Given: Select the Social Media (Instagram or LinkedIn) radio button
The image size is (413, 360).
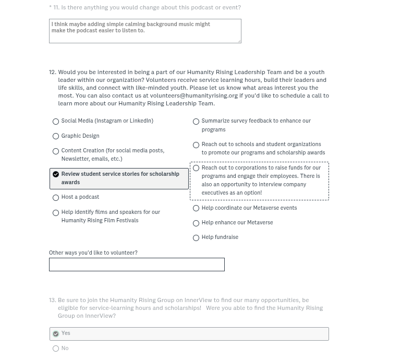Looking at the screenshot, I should (56, 122).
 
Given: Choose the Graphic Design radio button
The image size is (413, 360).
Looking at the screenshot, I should (56, 136).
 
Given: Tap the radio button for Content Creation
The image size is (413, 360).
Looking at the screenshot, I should (56, 151).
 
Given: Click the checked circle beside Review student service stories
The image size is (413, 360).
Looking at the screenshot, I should (56, 174).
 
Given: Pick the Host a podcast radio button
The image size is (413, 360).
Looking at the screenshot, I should (56, 198).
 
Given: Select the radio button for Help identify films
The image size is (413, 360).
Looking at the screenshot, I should (56, 213).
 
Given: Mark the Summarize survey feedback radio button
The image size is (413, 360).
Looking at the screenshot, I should (196, 122).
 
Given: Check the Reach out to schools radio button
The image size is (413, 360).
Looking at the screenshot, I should (196, 145).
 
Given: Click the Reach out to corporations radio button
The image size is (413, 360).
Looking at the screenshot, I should (196, 168).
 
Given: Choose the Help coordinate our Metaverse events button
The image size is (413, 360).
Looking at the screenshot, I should (196, 208).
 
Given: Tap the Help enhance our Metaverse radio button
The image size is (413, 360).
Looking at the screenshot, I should (196, 223).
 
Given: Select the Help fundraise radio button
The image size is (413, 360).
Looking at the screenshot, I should (196, 238).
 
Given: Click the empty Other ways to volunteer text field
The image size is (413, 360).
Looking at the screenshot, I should (137, 265).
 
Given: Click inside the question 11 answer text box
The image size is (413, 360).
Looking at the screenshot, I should (145, 31).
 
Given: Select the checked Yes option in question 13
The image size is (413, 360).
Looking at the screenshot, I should (56, 334).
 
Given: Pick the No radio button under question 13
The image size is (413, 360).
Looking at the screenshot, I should (56, 349).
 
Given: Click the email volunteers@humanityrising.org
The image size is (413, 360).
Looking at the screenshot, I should (194, 95).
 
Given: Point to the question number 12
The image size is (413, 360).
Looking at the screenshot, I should (52, 72).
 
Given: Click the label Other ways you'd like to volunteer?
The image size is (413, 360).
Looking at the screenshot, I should (93, 253).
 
